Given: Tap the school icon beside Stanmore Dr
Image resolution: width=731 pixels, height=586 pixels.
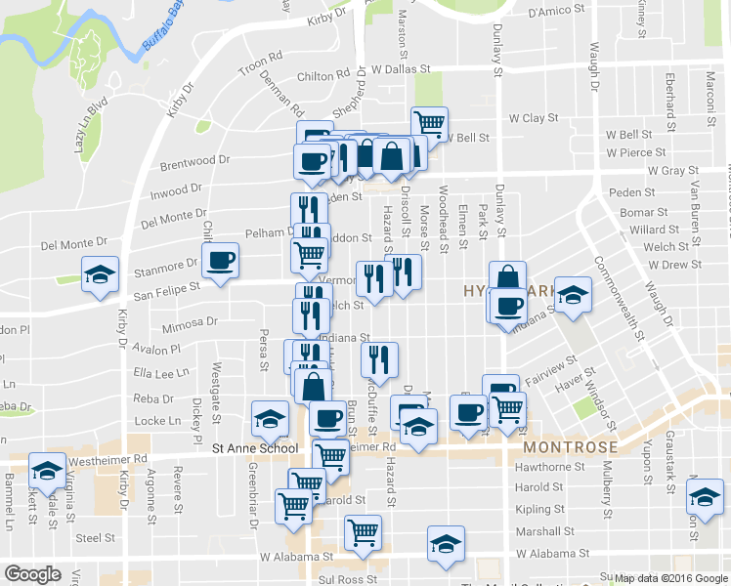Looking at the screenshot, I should (x=100, y=275).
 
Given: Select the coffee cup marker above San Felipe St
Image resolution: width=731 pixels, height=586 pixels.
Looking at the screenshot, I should (x=219, y=261).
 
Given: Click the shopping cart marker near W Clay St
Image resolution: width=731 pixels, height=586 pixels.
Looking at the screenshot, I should (x=429, y=123).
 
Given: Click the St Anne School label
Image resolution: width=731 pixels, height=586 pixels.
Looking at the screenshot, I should (x=255, y=448).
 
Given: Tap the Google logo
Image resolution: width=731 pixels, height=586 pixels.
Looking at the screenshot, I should (x=32, y=574).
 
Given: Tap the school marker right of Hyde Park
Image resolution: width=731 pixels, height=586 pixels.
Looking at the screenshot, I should (x=573, y=293).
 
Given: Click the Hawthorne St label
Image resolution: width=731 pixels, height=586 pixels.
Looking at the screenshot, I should (x=550, y=467).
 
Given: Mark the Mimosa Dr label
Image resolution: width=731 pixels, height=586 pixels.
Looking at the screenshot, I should (x=191, y=321).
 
